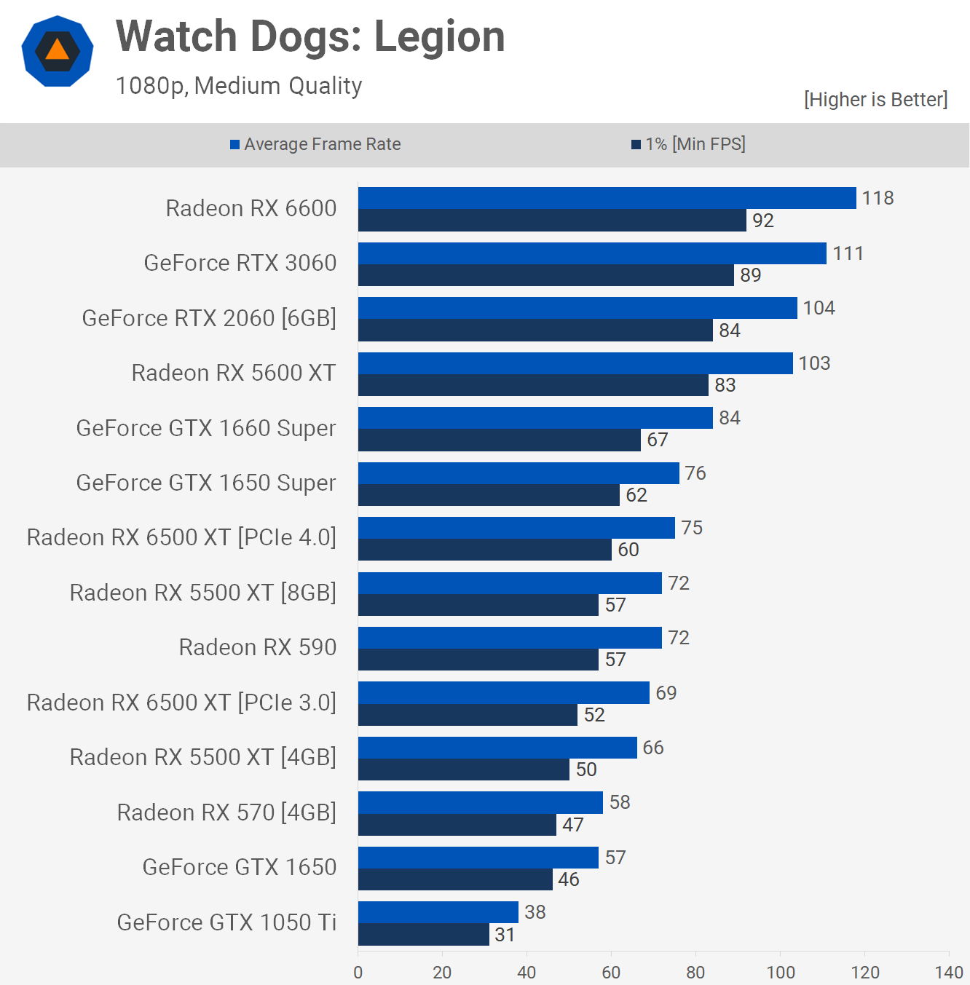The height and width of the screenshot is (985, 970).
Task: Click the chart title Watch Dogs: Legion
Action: coord(310,36)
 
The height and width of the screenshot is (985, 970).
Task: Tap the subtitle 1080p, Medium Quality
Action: coord(239,86)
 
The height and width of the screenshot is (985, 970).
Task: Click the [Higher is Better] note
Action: coord(875,100)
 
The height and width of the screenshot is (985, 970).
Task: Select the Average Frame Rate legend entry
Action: coord(315,144)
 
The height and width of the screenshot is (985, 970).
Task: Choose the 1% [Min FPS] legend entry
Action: coord(688,144)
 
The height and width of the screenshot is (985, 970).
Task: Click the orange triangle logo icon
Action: coord(57,51)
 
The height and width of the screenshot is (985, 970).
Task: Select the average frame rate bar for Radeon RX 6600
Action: coord(607,198)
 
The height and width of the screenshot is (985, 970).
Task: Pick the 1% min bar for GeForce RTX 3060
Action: coord(545,275)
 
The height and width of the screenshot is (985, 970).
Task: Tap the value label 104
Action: coord(819,308)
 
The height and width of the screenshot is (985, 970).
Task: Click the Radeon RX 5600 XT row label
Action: coord(233,373)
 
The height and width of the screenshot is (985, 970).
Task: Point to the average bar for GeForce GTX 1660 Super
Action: coord(535,418)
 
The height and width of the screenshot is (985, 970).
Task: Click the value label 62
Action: coord(636,495)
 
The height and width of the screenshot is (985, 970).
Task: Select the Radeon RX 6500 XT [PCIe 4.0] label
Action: coord(181,537)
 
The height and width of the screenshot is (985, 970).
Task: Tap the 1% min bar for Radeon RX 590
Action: coord(478,660)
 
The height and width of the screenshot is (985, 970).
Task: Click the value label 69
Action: coord(666,693)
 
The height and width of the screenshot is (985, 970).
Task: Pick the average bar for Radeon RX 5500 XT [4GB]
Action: coord(497,748)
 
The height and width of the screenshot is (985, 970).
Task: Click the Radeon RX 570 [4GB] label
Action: coord(226,812)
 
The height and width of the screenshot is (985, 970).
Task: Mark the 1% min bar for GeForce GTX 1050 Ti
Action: coord(423,935)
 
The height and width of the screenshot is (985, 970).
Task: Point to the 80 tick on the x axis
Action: coord(695,972)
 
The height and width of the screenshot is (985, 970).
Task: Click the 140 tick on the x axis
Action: coord(949,972)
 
